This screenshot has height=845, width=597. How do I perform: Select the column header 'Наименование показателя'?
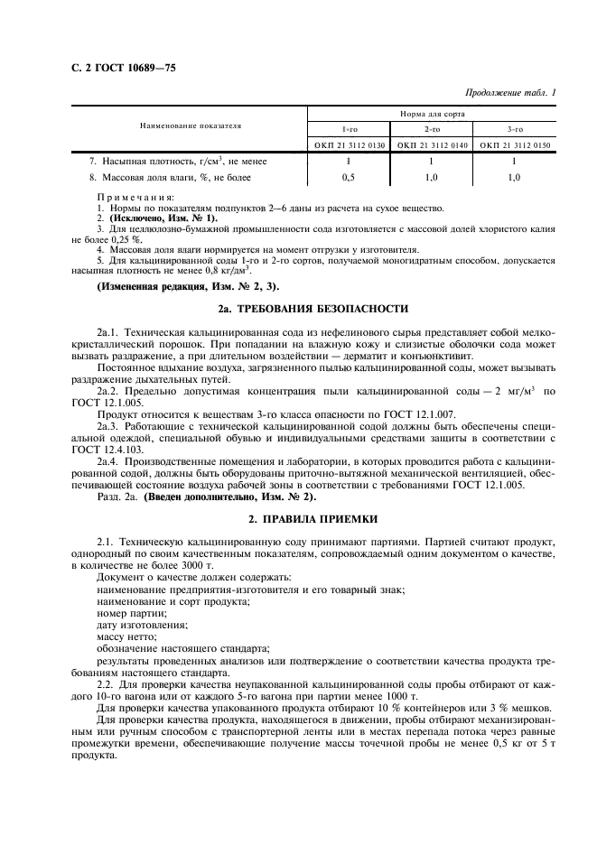pyautogui.click(x=190, y=125)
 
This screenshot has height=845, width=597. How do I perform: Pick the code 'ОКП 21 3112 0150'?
pyautogui.click(x=514, y=144)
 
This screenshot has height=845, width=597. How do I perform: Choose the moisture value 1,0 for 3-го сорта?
pyautogui.click(x=514, y=178)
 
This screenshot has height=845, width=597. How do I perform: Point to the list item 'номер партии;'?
pyautogui.click(x=126, y=612)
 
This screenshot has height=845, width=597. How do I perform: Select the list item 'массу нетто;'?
pyautogui.click(x=124, y=636)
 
